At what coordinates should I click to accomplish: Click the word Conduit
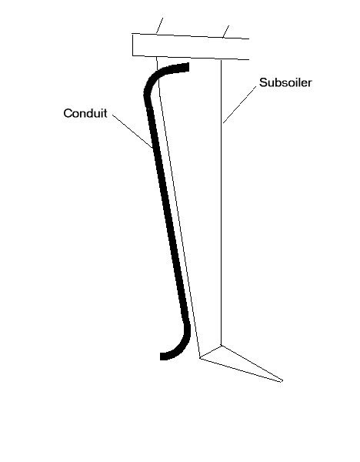click(x=85, y=113)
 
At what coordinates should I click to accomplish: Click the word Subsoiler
click(x=285, y=82)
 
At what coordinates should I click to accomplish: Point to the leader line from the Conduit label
click(x=132, y=131)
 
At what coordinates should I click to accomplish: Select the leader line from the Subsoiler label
click(x=239, y=105)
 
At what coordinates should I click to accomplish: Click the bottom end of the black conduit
click(x=162, y=357)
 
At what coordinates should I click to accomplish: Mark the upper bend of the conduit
click(x=151, y=81)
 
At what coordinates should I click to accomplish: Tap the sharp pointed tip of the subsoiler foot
click(x=282, y=381)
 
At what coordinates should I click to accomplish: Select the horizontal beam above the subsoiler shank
click(x=191, y=46)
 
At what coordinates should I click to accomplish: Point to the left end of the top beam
click(x=132, y=45)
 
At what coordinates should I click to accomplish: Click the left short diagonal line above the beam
click(x=159, y=25)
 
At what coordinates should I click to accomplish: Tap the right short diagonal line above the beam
click(x=226, y=32)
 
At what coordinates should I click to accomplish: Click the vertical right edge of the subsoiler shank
click(x=221, y=203)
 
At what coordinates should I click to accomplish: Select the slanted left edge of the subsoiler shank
click(x=178, y=207)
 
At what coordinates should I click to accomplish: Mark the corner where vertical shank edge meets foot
click(x=221, y=345)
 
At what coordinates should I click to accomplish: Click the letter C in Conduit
click(x=68, y=113)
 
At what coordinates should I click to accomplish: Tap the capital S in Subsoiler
click(x=263, y=82)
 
